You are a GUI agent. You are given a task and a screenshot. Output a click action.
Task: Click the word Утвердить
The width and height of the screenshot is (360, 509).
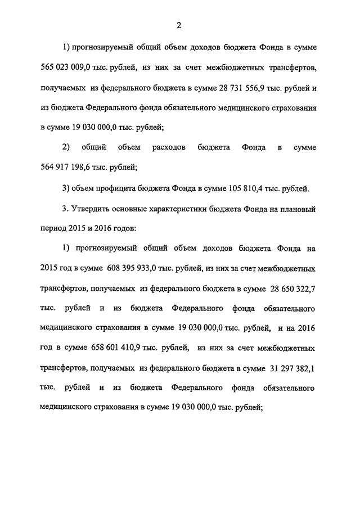click(93, 208)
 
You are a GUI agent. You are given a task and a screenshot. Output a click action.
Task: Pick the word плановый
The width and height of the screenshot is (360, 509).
click(299, 208)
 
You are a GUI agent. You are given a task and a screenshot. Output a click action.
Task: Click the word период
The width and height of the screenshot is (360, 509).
click(54, 228)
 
